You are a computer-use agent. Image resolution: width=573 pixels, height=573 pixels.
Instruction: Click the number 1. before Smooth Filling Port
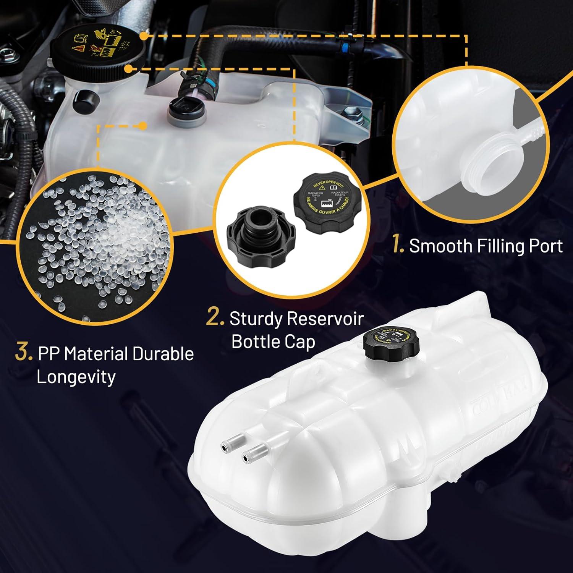pos(398,246)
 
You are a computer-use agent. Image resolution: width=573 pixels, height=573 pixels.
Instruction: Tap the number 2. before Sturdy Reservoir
pos(215,318)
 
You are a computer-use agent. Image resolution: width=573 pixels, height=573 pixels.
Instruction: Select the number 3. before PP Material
pos(24,353)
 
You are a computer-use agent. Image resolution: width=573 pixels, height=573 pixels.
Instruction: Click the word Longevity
pos(76,377)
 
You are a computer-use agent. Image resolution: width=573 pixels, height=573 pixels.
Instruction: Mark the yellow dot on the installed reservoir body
pos(142,125)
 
